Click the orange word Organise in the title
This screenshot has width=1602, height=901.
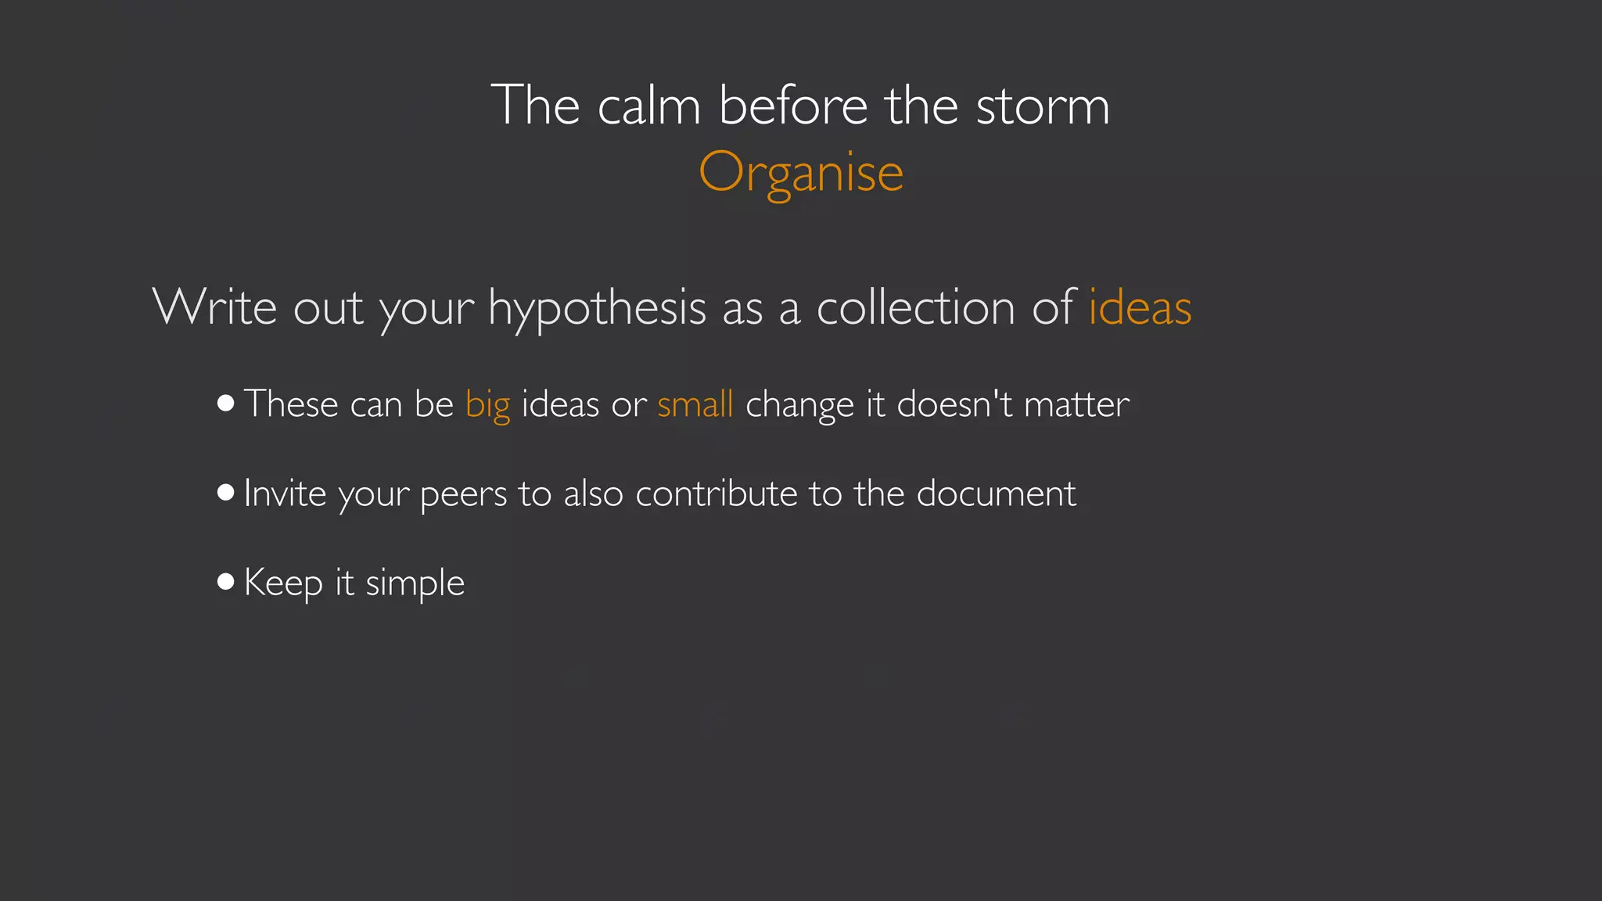[801, 172]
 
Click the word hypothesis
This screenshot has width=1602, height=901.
[598, 308]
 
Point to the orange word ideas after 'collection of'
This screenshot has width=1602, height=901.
[1140, 307]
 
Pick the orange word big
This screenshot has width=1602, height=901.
[487, 405]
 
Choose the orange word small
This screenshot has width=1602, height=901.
[695, 404]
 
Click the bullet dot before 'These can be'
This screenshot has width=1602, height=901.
[226, 403]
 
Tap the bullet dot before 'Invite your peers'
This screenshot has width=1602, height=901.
[226, 492]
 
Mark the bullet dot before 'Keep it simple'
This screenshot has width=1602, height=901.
[226, 581]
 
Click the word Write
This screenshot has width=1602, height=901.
[214, 307]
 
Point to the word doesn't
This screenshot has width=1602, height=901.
[954, 404]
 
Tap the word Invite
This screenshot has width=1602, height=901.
[285, 494]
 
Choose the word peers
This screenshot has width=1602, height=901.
[463, 494]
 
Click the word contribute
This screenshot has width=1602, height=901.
[716, 494]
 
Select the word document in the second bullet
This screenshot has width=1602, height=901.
[996, 494]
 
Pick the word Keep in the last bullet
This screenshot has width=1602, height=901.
[283, 583]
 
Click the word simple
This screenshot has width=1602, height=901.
[415, 583]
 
